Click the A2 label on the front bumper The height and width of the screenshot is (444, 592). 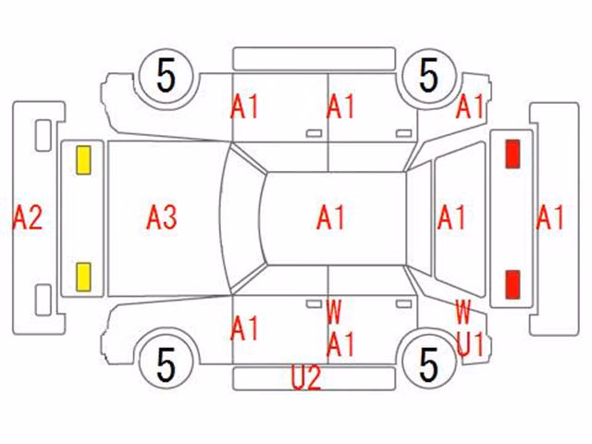27,217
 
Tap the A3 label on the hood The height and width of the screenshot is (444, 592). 162,217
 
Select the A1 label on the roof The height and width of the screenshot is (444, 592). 331,217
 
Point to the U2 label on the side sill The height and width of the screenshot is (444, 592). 306,377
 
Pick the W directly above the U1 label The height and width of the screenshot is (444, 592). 462,312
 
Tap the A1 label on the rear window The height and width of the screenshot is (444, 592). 451,217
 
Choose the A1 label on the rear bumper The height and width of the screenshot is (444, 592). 550,217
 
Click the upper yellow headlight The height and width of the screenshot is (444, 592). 83,160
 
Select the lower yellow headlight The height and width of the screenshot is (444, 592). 83,277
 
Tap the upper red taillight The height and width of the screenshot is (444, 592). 512,154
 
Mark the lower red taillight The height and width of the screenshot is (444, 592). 512,284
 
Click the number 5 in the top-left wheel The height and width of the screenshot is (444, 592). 166,76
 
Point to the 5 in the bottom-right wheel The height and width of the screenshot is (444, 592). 429,364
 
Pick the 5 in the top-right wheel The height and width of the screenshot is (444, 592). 429,76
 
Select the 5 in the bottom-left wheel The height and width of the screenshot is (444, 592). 166,364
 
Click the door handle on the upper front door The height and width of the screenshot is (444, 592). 314,133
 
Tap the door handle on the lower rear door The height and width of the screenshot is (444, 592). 403,304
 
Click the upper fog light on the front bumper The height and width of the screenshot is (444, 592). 43,136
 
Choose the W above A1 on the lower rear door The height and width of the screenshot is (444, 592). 334,312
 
